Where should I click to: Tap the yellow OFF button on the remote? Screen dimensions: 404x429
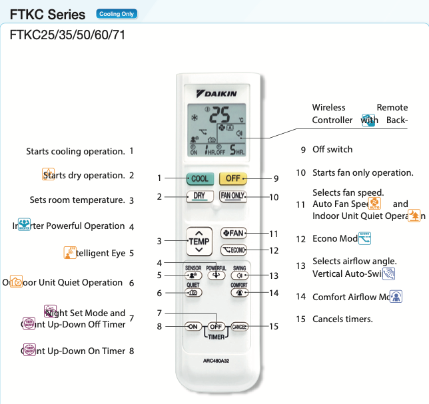(232, 178)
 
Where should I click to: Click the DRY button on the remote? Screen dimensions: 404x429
(199, 196)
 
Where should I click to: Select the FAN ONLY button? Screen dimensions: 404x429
(233, 196)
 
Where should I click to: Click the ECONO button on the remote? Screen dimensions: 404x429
(233, 250)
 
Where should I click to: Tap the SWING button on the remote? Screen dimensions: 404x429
(239, 274)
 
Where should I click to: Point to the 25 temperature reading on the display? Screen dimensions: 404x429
(223, 114)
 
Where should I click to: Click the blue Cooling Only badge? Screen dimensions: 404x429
(117, 13)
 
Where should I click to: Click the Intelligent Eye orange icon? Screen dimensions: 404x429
(70, 252)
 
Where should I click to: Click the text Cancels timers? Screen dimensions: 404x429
(342, 319)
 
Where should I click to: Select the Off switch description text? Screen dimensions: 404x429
(332, 149)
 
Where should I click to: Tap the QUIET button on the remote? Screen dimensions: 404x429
(193, 292)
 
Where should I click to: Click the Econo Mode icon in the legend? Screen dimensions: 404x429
(364, 238)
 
